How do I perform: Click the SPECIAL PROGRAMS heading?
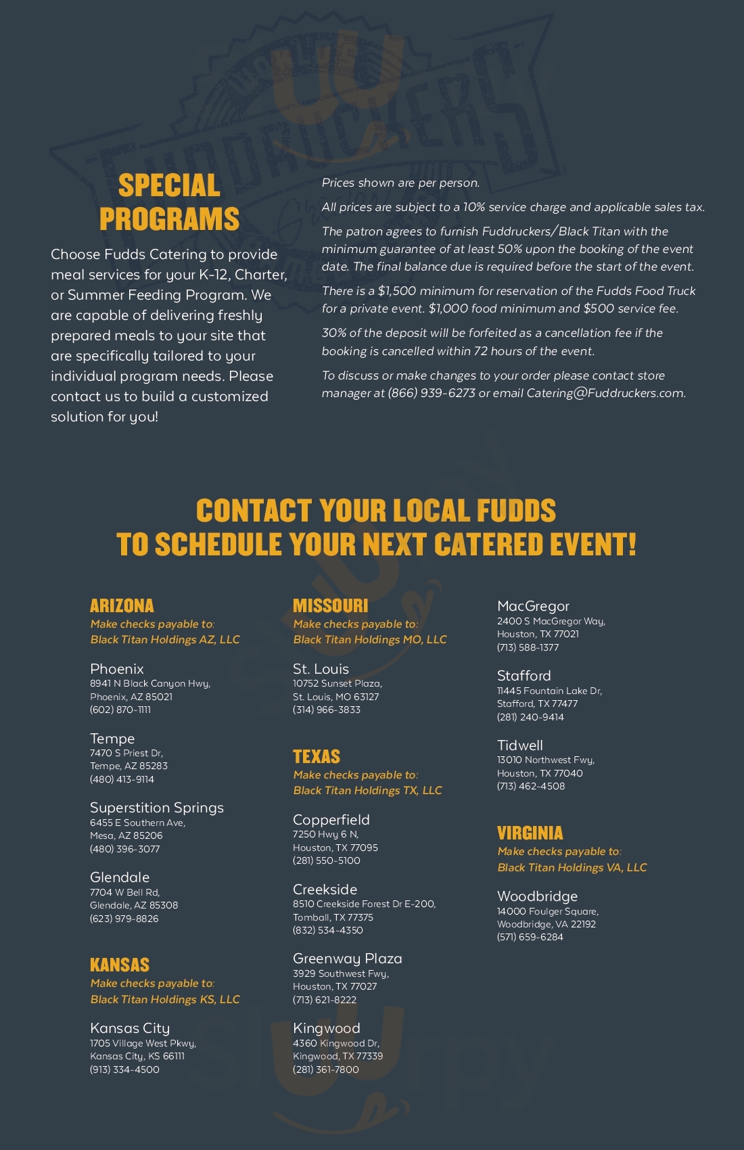click(x=169, y=202)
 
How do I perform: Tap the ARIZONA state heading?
click(x=122, y=605)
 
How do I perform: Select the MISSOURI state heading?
click(x=330, y=605)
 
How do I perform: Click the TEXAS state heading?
click(x=317, y=756)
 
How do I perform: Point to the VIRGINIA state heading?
click(x=530, y=833)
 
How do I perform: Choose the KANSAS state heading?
click(x=120, y=965)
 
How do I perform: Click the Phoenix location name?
click(x=117, y=669)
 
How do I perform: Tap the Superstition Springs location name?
click(x=157, y=808)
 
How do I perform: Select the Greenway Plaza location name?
click(x=348, y=959)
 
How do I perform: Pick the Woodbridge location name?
click(x=537, y=896)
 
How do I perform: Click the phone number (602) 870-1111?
click(x=120, y=710)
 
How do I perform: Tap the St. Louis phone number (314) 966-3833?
click(x=327, y=710)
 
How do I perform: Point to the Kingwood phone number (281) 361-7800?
click(x=326, y=1069)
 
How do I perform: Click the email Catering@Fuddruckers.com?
click(x=605, y=393)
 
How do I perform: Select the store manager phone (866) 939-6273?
click(x=432, y=393)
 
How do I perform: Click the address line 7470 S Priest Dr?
click(x=126, y=753)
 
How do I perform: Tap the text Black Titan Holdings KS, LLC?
click(x=165, y=999)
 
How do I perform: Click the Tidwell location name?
click(x=520, y=745)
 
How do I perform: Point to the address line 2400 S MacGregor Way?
click(x=551, y=621)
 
